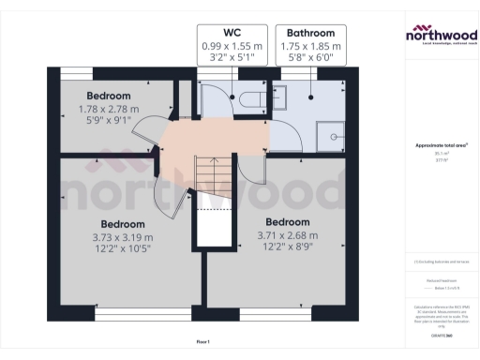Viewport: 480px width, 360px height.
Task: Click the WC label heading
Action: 232,32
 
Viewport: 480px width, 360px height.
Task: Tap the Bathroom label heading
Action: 310,32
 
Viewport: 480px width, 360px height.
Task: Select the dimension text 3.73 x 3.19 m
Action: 123,238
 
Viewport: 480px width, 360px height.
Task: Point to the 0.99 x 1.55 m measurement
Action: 232,45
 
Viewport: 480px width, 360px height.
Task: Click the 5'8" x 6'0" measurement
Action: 310,57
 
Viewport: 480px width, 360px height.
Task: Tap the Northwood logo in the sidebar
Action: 440,37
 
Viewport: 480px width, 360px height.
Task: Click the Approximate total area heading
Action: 440,145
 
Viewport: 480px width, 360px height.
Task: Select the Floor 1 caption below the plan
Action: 203,340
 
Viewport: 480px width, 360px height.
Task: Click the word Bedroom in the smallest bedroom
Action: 109,96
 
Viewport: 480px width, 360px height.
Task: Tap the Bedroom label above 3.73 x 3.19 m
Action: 123,225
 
